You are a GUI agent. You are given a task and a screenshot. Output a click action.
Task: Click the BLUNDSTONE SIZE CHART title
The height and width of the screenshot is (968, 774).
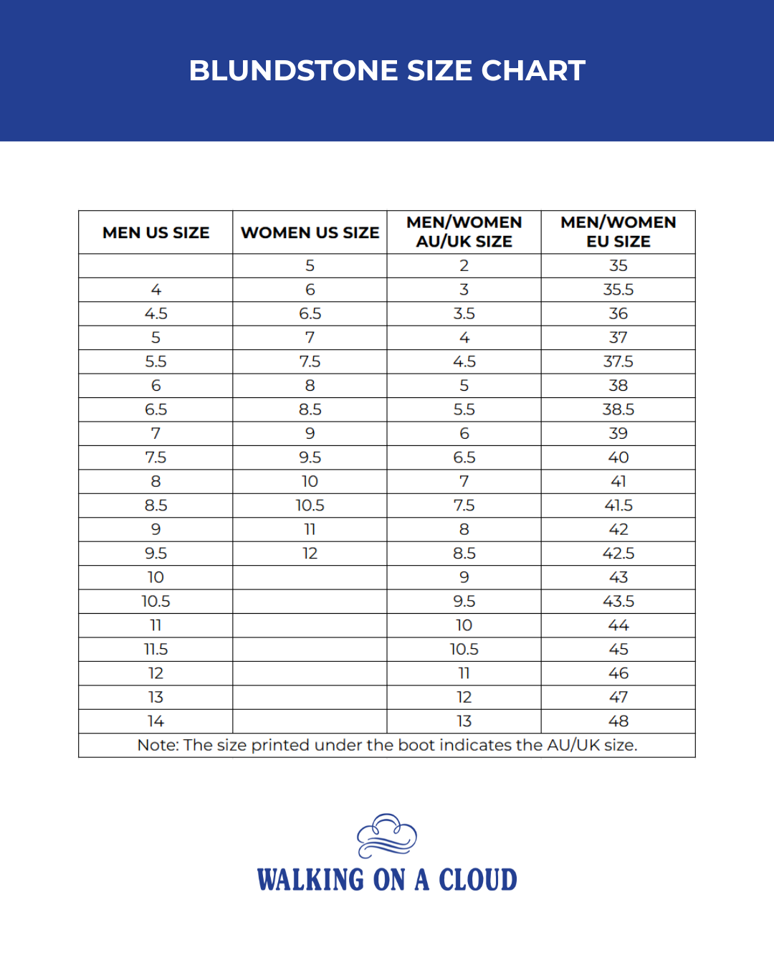point(387,70)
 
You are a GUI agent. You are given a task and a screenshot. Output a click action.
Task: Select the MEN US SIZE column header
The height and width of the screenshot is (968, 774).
point(156,232)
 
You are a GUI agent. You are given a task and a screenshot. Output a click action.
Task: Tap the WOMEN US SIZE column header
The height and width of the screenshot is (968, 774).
point(310,232)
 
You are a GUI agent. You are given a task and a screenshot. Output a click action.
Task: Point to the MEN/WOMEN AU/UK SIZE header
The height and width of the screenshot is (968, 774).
point(464,232)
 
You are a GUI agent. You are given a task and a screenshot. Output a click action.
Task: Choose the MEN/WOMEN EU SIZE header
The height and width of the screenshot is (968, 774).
point(618,232)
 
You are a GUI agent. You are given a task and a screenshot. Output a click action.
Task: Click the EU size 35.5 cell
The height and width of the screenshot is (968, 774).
point(618,290)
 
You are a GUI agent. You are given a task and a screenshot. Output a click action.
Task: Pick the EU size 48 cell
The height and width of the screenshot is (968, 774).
point(618,721)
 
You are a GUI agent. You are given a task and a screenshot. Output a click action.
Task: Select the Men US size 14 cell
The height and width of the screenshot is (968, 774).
point(156,721)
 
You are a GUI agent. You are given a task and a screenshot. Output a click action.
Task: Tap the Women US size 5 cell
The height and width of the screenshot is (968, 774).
point(310,265)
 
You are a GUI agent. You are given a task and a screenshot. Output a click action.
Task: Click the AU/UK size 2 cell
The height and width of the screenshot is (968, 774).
point(464,265)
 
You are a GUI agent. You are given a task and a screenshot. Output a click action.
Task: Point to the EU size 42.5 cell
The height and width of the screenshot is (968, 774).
point(618,554)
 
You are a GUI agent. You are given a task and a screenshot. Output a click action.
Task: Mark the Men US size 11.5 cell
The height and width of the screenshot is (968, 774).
point(156,650)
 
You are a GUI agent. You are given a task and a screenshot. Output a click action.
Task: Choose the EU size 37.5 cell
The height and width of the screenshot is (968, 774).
point(618,361)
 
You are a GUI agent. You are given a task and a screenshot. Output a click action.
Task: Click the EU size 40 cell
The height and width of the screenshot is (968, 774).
point(618,457)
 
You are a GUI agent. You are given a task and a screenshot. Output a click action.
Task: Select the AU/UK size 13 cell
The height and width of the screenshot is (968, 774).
point(464,721)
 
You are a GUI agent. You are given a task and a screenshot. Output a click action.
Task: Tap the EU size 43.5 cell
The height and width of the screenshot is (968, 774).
point(618,602)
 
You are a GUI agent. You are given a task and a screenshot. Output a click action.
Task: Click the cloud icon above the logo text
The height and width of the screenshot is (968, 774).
point(387,835)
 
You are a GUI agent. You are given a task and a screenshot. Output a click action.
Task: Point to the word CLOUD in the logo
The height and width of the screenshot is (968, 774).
point(477,880)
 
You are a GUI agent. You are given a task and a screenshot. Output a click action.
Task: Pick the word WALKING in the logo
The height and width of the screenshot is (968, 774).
point(310,880)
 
